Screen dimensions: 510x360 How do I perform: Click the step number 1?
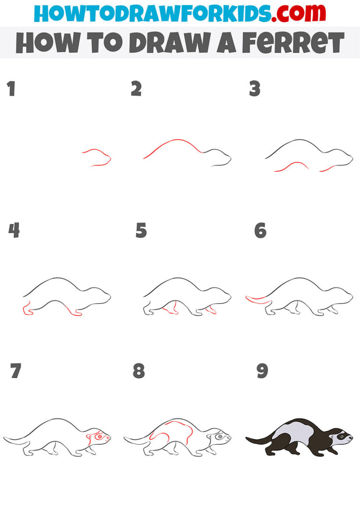[11, 89]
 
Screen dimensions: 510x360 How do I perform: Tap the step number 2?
[136, 89]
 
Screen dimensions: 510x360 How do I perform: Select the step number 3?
[255, 89]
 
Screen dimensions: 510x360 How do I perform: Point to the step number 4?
[14, 230]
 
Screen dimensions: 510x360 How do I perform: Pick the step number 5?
[141, 230]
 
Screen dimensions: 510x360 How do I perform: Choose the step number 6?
[260, 230]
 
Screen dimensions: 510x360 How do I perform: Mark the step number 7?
[15, 371]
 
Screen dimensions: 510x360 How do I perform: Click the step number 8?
[139, 371]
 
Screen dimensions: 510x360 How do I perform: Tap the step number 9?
[262, 371]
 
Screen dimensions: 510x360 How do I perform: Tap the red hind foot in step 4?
[27, 310]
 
